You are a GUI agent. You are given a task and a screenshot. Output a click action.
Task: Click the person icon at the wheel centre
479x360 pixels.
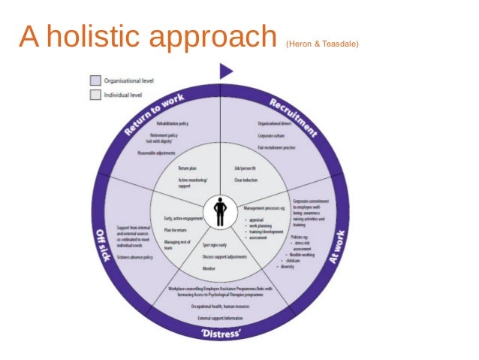[220, 211]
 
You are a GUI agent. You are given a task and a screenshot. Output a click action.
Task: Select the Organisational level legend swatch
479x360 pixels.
[95, 80]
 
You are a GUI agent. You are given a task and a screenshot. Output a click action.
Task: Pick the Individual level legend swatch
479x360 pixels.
[95, 95]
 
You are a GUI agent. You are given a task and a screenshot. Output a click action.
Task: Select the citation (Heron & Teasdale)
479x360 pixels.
[322, 44]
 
